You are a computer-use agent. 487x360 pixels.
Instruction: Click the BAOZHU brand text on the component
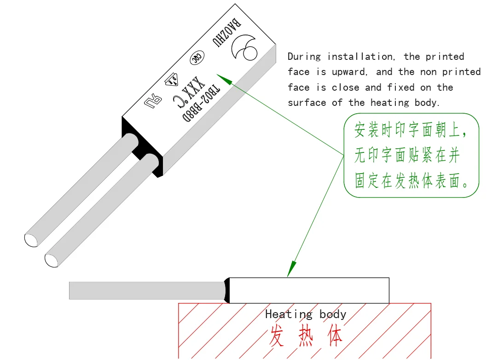point(226,34)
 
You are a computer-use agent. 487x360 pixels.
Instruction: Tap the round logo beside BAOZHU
point(245,47)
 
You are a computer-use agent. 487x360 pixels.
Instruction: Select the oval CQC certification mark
point(197,57)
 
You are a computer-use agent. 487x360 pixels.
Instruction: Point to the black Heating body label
point(306,314)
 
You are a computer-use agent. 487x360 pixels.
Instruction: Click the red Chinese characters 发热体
point(306,337)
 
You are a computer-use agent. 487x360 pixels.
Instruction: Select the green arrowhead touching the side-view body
point(291,269)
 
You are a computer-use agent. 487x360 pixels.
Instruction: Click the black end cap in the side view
point(226,290)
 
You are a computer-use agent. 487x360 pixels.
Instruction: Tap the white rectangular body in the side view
point(309,290)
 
